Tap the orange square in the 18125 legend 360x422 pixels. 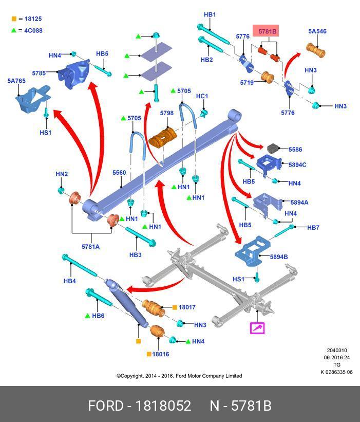point(14,19)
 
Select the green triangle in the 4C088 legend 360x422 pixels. point(14,30)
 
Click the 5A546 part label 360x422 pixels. point(317,31)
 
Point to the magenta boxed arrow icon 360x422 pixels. point(257,328)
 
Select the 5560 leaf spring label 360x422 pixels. point(119,173)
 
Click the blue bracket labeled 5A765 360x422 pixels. point(33,99)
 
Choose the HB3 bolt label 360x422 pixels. point(135,254)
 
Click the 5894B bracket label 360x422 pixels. point(279,257)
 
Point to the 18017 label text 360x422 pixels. point(187,307)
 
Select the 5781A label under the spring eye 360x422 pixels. point(90,247)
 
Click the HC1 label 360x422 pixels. point(202,96)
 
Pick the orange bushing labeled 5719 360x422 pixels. point(268,77)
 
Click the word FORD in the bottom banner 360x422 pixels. point(106,406)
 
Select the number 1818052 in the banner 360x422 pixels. point(163,406)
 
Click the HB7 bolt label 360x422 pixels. point(313,227)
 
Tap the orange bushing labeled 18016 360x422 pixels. point(157,332)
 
